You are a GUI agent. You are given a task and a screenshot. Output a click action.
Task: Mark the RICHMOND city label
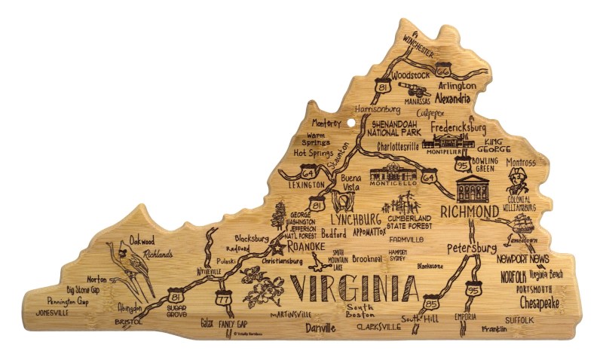click(470, 210)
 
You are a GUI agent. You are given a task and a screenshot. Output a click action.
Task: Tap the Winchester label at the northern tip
click(418, 44)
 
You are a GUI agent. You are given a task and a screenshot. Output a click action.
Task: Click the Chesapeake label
click(539, 303)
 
